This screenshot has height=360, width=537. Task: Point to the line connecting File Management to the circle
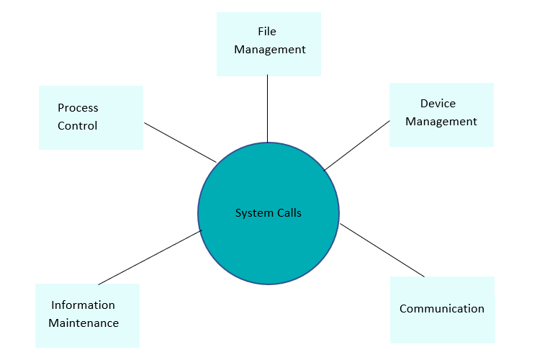click(x=268, y=108)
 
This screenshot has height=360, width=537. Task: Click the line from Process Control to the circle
click(x=180, y=142)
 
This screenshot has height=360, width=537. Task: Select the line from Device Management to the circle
click(x=357, y=145)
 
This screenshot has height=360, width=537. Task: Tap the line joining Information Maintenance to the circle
click(x=150, y=257)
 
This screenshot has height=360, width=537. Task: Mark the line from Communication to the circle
click(x=382, y=250)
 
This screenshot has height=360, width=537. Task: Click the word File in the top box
click(x=267, y=32)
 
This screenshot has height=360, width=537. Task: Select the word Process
click(x=78, y=108)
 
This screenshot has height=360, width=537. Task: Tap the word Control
click(x=78, y=126)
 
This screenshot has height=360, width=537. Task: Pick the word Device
click(x=438, y=104)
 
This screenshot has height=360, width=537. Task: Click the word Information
click(x=83, y=305)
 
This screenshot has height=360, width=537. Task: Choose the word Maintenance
click(x=84, y=323)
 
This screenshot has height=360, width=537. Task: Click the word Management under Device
click(x=441, y=122)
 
